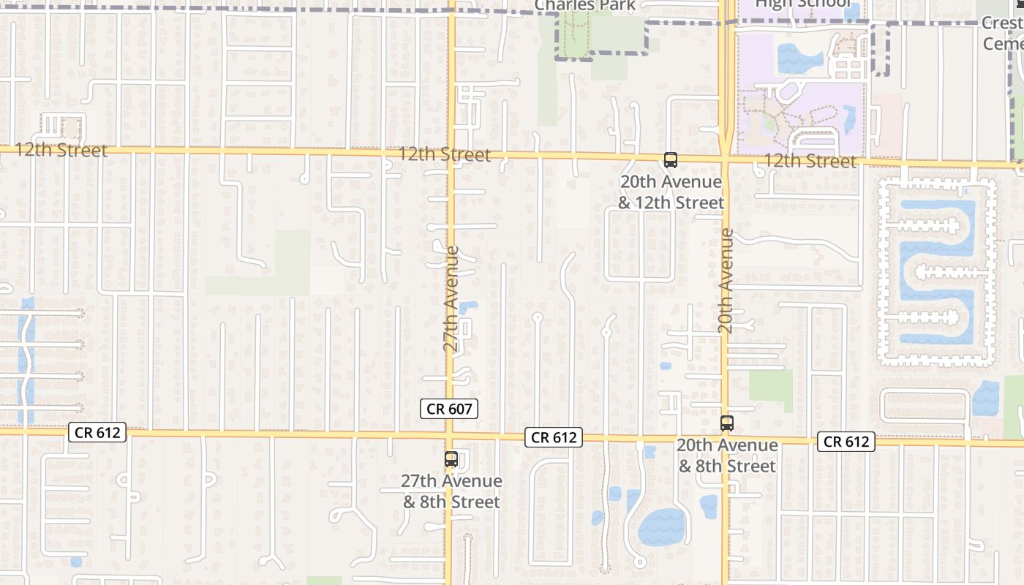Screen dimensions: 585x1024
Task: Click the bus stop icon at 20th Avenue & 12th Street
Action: click(670, 159)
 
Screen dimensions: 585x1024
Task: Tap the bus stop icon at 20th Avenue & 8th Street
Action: click(726, 423)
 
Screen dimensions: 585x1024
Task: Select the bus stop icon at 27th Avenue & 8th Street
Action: click(451, 459)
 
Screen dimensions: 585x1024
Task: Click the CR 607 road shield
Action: click(449, 409)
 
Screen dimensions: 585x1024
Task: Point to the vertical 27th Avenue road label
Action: click(453, 299)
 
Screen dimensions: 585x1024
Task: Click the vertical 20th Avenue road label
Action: click(726, 282)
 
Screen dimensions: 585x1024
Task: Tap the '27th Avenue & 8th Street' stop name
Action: click(452, 491)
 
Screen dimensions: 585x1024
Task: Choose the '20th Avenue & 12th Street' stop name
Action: click(671, 192)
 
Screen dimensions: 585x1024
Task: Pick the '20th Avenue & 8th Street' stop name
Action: click(727, 456)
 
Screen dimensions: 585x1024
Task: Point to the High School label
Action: click(802, 4)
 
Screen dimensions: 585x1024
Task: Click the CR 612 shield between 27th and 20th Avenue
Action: click(554, 437)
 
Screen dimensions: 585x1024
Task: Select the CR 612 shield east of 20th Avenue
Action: click(846, 441)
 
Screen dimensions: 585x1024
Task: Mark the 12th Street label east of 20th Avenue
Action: click(810, 161)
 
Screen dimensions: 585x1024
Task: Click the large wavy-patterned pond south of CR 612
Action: click(662, 526)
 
